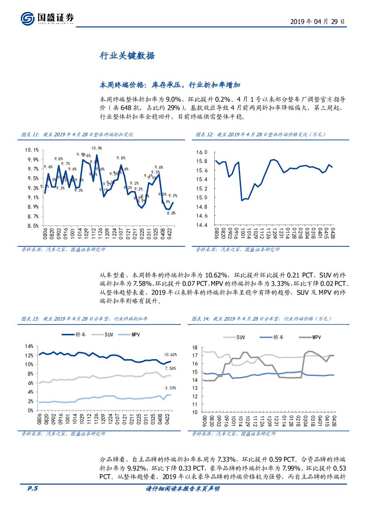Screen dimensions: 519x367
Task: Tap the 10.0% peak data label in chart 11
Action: point(96,148)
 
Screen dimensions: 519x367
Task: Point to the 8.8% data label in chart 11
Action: point(171,213)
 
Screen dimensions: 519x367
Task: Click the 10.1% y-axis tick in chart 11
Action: point(32,150)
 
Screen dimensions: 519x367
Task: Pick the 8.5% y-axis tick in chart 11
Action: point(32,226)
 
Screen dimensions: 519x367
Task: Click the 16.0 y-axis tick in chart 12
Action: point(202,152)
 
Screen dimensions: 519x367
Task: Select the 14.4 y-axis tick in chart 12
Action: point(202,225)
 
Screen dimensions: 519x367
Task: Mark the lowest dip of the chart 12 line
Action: point(242,200)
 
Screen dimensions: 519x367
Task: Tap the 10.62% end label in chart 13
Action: point(170,355)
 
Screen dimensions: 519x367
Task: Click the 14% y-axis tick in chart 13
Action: point(29,346)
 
